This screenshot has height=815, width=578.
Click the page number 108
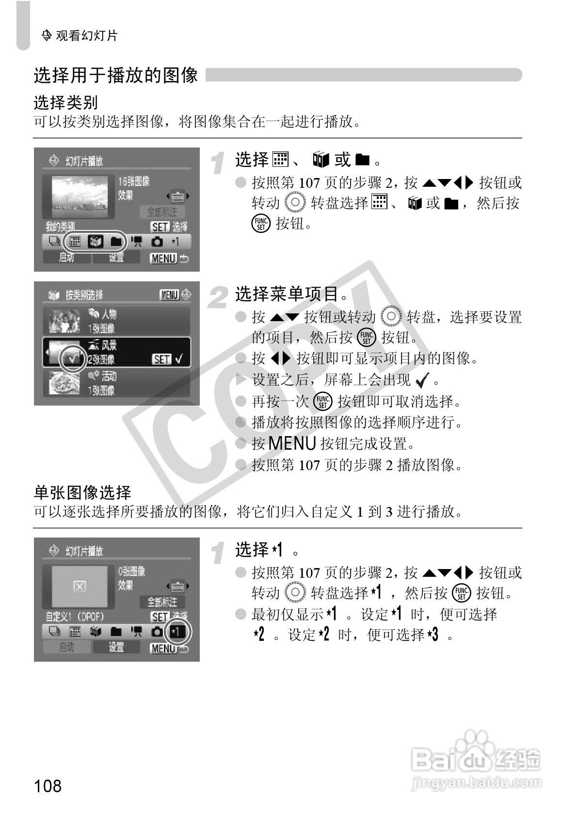click(48, 785)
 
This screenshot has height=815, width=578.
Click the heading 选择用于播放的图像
click(116, 75)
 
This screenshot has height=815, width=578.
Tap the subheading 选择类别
click(65, 102)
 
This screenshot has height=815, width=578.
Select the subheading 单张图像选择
click(82, 492)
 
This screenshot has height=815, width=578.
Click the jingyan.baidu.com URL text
click(476, 782)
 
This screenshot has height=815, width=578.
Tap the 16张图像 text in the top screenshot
click(134, 181)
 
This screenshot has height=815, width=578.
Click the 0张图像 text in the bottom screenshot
click(131, 571)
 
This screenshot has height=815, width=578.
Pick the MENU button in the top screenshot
click(163, 258)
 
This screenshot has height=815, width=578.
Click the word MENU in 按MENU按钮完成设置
click(292, 443)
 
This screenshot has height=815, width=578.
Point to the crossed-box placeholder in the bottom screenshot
click(80, 587)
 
